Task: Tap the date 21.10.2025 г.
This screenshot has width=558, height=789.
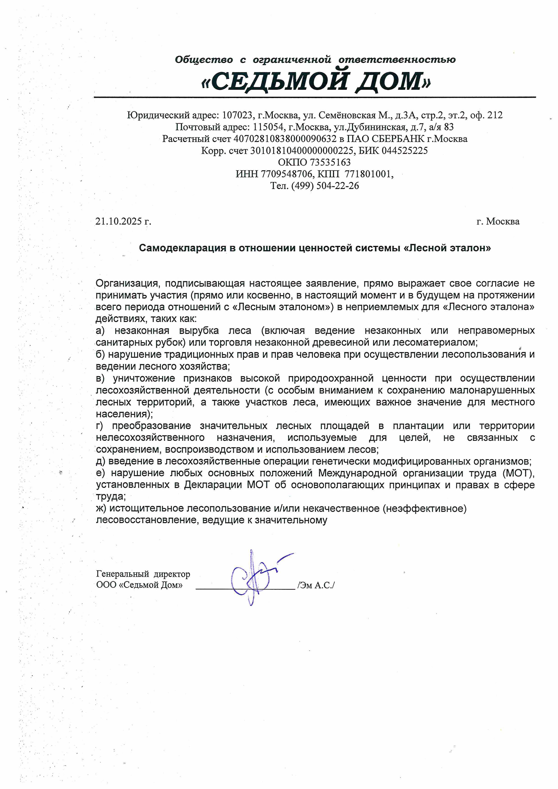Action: pyautogui.click(x=123, y=221)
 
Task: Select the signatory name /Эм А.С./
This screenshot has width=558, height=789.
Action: pyautogui.click(x=316, y=585)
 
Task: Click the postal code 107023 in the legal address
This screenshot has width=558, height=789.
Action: pyautogui.click(x=237, y=115)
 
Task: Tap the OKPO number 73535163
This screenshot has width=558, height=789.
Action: pyautogui.click(x=330, y=162)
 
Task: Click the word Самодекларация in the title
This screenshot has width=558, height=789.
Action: pyautogui.click(x=182, y=248)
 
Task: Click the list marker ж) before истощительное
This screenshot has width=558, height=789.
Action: pyautogui.click(x=101, y=508)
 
